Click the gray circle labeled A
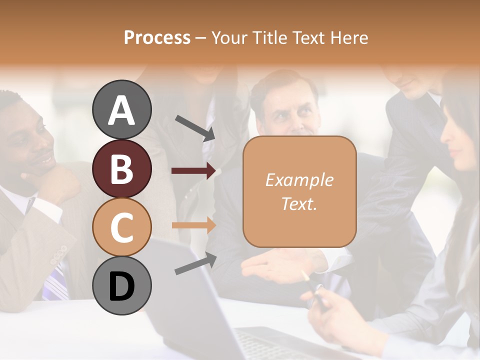pyautogui.click(x=121, y=109)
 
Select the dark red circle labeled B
pyautogui.click(x=121, y=168)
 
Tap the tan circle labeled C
pyautogui.click(x=121, y=227)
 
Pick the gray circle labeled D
pyautogui.click(x=121, y=285)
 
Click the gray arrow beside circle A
pyautogui.click(x=195, y=128)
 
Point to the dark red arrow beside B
pyautogui.click(x=193, y=171)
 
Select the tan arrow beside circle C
pyautogui.click(x=193, y=225)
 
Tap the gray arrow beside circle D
pyautogui.click(x=195, y=263)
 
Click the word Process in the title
pyautogui.click(x=157, y=37)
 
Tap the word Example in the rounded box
pyautogui.click(x=299, y=180)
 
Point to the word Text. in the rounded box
pyautogui.click(x=299, y=203)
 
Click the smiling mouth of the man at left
pyautogui.click(x=46, y=161)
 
